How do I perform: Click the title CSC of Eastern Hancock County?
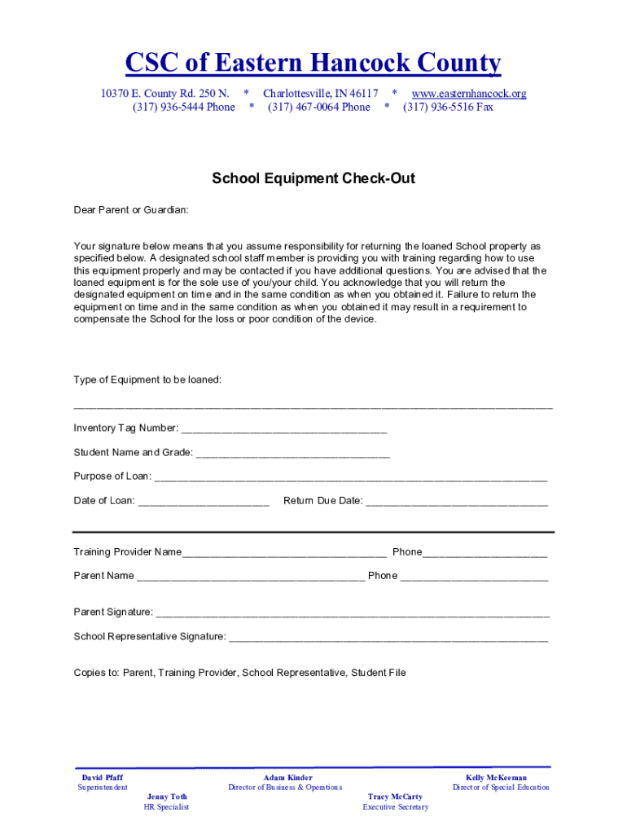click(x=313, y=63)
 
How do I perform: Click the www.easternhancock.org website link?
click(x=468, y=94)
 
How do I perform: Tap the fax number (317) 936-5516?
click(x=448, y=108)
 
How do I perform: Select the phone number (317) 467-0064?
click(x=318, y=108)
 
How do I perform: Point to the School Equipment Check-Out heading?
click(x=313, y=178)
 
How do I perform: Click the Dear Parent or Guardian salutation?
click(x=131, y=210)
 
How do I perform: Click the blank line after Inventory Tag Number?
click(x=283, y=429)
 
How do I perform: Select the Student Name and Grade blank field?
click(x=292, y=454)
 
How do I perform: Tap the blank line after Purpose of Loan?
click(x=350, y=477)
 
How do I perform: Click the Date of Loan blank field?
click(x=204, y=502)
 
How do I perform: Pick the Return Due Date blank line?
click(x=456, y=502)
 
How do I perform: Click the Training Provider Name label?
click(x=128, y=552)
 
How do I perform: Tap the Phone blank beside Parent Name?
click(x=474, y=577)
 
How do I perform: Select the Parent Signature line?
click(x=352, y=613)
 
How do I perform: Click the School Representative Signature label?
click(x=150, y=637)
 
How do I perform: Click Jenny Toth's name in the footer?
click(x=167, y=797)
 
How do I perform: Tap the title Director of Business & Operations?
click(x=285, y=788)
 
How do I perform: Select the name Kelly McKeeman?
click(x=496, y=778)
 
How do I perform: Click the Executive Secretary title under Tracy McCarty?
click(x=395, y=807)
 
